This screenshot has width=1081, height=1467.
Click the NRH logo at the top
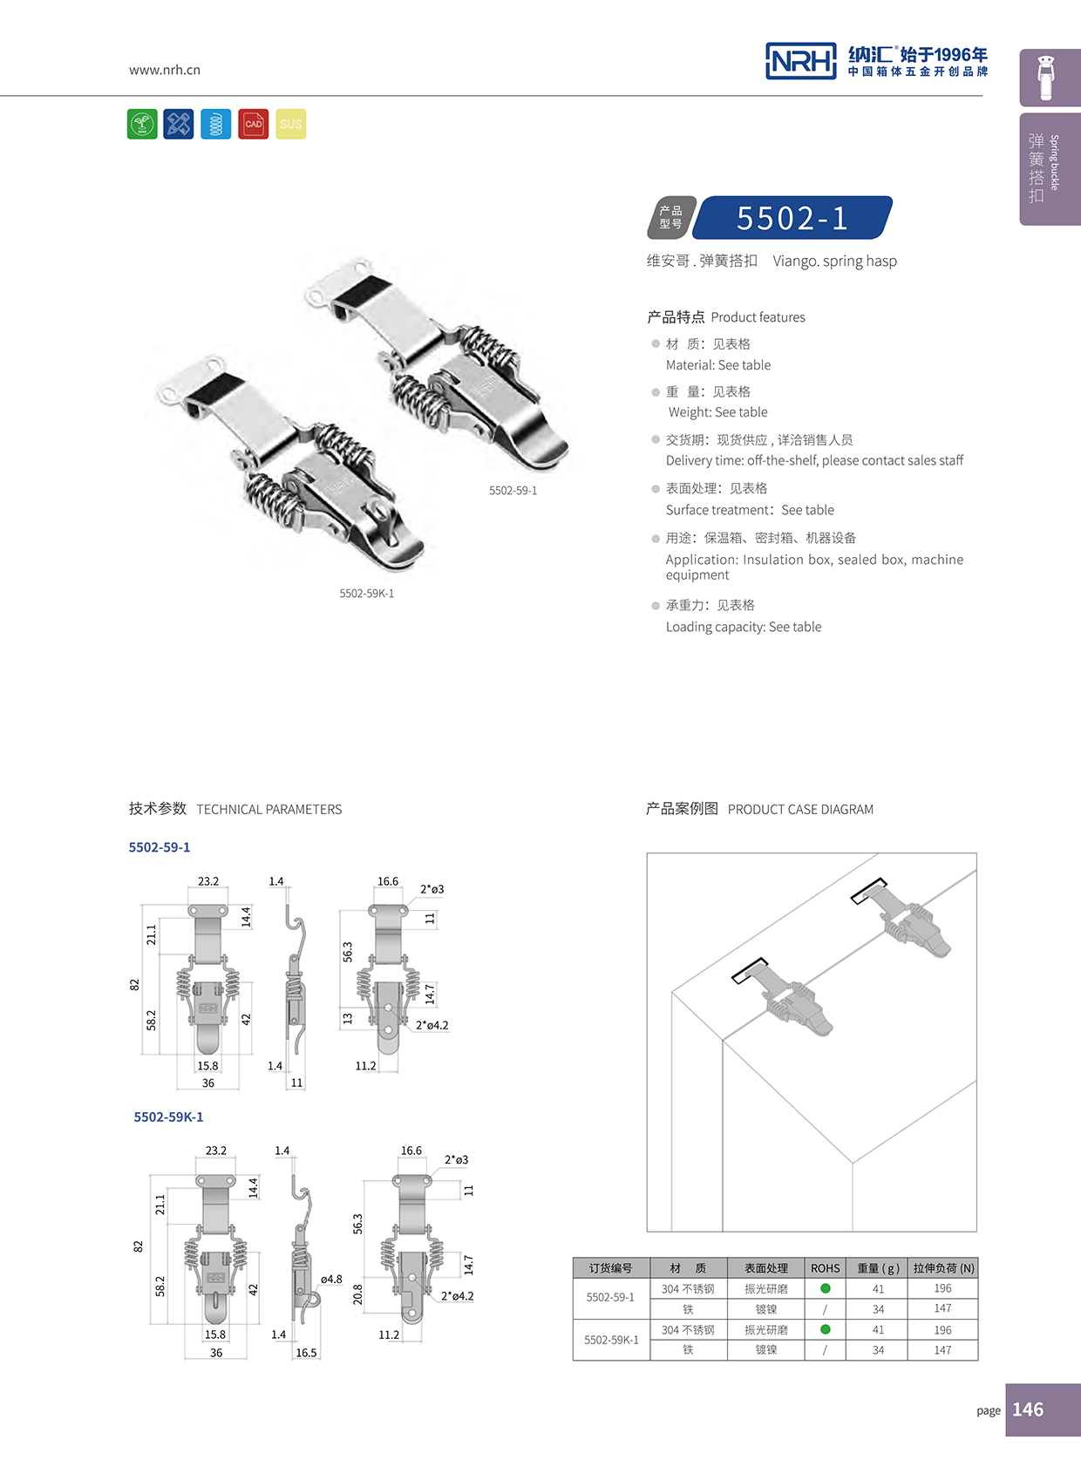click(800, 61)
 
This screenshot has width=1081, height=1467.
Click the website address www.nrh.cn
click(165, 70)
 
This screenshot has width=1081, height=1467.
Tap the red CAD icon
click(254, 124)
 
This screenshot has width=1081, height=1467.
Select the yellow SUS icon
click(291, 124)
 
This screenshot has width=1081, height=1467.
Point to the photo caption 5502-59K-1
click(367, 594)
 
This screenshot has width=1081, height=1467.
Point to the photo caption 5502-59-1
click(513, 491)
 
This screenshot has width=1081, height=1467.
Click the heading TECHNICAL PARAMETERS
click(269, 810)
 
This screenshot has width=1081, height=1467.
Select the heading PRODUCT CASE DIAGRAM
click(800, 810)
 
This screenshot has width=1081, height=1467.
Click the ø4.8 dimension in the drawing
click(331, 1280)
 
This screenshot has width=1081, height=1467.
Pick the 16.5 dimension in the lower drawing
click(306, 1353)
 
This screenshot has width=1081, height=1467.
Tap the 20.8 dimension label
click(357, 1294)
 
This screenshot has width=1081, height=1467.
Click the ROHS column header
click(825, 1268)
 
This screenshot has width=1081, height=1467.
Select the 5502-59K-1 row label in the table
click(611, 1340)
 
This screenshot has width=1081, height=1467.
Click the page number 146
click(1028, 1409)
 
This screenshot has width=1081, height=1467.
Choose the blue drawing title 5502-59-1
click(160, 847)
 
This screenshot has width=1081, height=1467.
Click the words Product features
click(758, 317)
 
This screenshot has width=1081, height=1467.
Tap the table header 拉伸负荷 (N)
click(943, 1268)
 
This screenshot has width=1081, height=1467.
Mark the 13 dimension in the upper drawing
click(348, 1018)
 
